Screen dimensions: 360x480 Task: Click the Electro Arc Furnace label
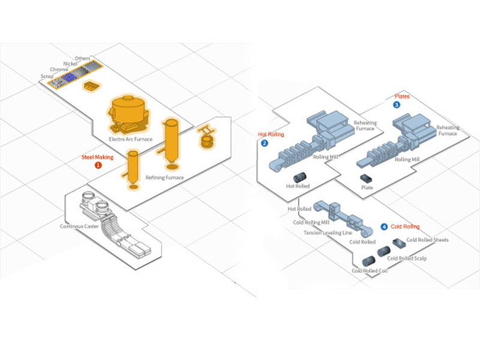click(x=130, y=139)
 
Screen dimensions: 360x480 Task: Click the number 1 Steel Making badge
click(x=99, y=165)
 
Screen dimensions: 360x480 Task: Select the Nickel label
click(x=71, y=63)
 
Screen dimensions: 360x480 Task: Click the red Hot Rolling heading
click(x=271, y=134)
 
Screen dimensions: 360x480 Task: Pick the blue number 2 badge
click(x=265, y=143)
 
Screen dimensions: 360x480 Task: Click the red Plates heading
click(x=403, y=96)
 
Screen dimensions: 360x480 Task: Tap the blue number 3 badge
click(x=397, y=104)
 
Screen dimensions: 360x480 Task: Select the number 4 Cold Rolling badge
click(x=384, y=227)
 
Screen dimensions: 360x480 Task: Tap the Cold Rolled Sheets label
click(x=427, y=240)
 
